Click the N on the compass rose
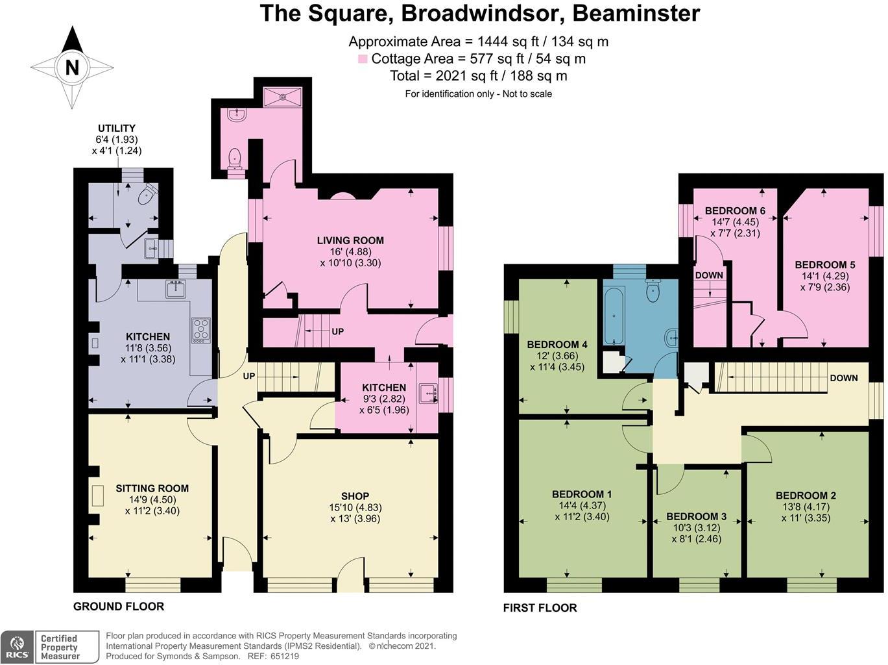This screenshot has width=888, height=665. click(x=71, y=68)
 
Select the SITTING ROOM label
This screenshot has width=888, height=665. click(x=152, y=488)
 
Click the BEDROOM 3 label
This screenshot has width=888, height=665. click(x=696, y=516)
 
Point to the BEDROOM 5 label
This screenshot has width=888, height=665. click(x=824, y=264)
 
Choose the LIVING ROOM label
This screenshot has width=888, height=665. click(x=350, y=240)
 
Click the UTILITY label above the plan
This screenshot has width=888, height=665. click(x=117, y=128)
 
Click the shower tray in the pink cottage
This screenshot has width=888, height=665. click(x=283, y=96)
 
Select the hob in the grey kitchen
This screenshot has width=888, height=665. click(x=201, y=330)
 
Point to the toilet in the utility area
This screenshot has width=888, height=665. click(x=149, y=194)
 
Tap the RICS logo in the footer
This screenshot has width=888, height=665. click(x=16, y=647)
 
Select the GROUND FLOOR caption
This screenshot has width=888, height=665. click(x=118, y=606)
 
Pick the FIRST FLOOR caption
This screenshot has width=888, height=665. click(x=540, y=608)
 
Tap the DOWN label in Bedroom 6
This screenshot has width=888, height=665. click(x=708, y=275)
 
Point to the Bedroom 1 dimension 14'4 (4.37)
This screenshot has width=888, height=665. click(x=581, y=505)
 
